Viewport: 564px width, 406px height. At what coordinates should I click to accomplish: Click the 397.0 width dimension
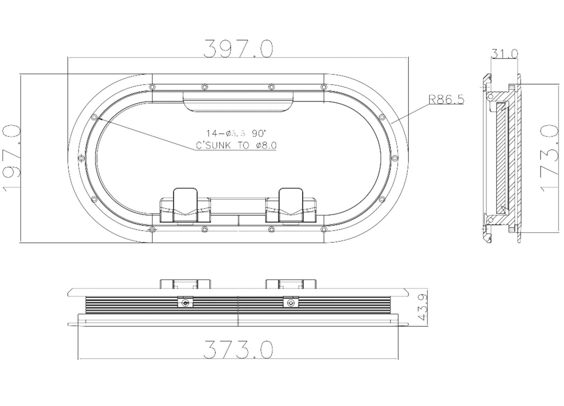(x=238, y=49)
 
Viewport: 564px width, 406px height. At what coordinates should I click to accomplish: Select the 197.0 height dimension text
(x=11, y=158)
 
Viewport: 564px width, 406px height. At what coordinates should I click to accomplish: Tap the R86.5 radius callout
(x=446, y=100)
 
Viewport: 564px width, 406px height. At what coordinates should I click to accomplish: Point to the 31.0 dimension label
(x=504, y=54)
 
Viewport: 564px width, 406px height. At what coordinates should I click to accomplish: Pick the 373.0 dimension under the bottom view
(x=238, y=349)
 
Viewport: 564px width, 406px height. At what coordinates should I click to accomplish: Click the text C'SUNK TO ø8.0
(x=236, y=145)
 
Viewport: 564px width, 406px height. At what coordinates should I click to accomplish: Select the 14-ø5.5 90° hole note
(x=236, y=133)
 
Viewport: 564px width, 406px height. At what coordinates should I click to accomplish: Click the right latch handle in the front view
(x=291, y=205)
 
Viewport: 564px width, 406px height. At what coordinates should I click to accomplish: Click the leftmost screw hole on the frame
(x=82, y=158)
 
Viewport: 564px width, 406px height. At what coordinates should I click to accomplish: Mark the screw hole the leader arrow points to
(x=94, y=117)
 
